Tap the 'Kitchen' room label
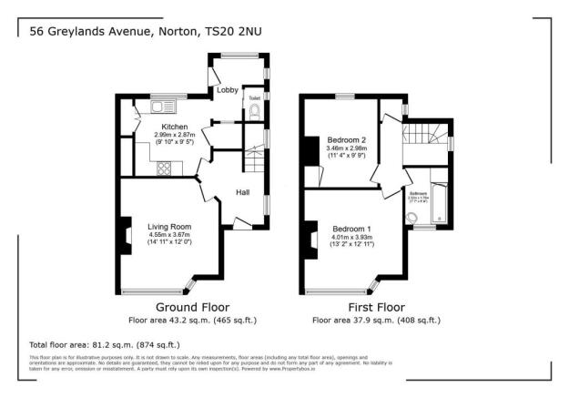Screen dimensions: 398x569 (x=174, y=127)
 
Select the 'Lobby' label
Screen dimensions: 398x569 (x=227, y=89)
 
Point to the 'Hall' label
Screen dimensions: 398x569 (x=243, y=192)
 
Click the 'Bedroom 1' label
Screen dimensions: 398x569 (x=351, y=228)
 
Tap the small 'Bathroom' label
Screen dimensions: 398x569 (x=418, y=194)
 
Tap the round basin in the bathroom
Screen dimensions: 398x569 (x=412, y=217)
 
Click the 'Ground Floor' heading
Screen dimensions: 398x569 (x=192, y=307)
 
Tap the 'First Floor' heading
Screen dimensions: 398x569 (x=376, y=307)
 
